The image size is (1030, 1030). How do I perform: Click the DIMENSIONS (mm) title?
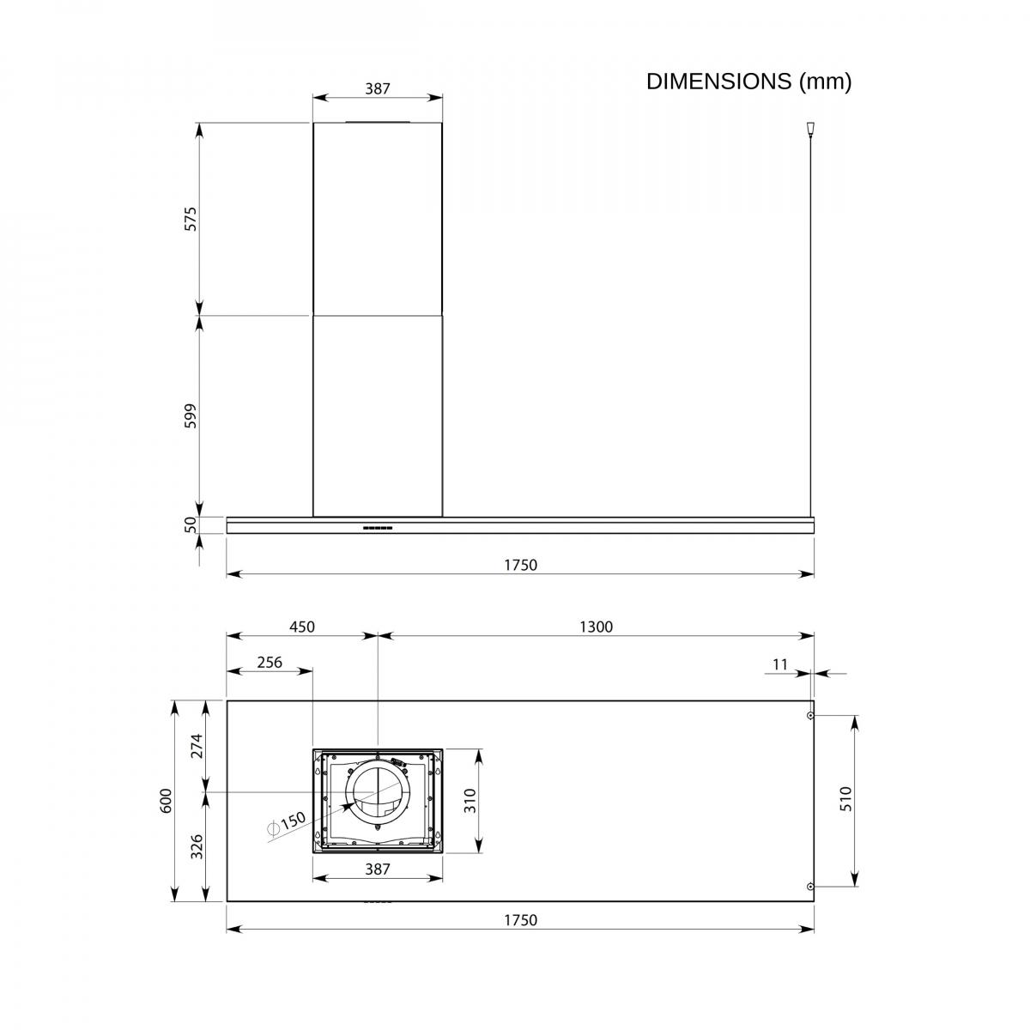point(748,82)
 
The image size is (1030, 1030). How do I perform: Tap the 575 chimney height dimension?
point(191,219)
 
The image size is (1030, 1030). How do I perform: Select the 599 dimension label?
point(191,415)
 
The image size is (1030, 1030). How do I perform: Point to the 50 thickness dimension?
point(191,524)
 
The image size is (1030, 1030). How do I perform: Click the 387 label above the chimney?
point(378,88)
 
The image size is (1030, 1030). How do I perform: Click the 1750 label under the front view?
point(520,565)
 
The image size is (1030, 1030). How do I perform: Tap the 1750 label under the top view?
point(520,920)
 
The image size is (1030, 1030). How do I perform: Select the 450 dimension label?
point(302,627)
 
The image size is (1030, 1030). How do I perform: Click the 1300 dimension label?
point(596,627)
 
